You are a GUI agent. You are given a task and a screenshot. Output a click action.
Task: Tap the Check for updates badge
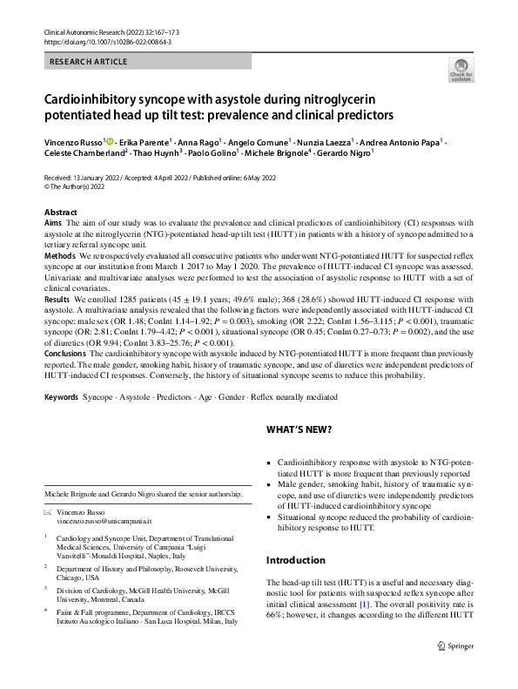[x=459, y=70]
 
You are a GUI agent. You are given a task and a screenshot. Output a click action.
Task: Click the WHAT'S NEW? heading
[x=299, y=430]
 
